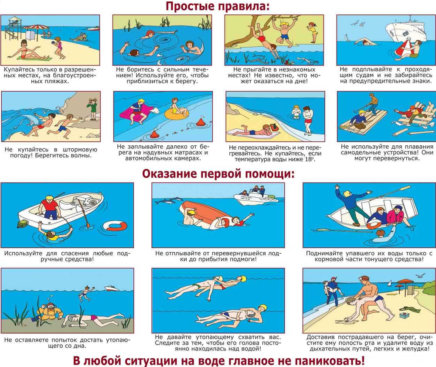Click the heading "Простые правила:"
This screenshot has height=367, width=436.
217,7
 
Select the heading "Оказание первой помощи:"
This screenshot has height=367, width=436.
218,174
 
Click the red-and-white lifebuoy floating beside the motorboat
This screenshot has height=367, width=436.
116,226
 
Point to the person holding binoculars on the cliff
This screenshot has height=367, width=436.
92,107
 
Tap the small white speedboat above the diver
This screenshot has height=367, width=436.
111,288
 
